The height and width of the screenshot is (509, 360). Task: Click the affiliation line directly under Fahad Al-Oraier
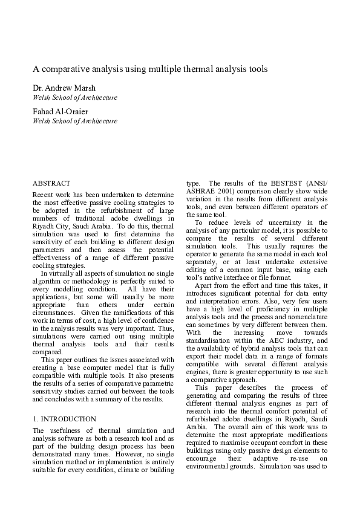[74, 121]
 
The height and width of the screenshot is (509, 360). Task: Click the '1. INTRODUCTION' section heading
[64, 418]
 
